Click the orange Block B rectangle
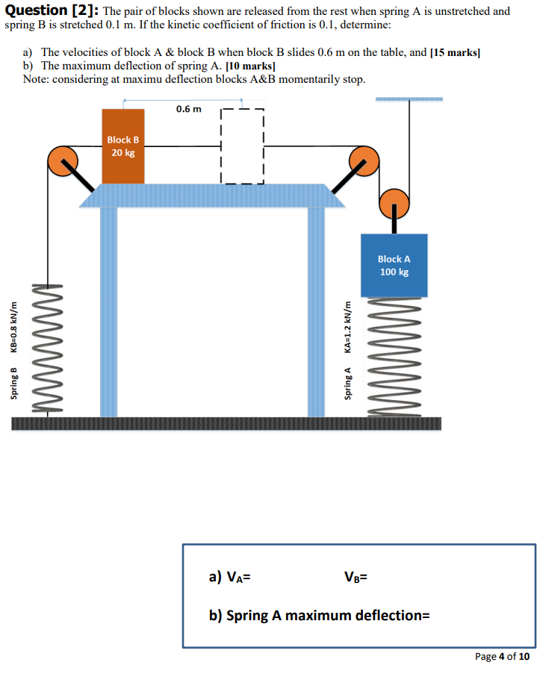coord(123,146)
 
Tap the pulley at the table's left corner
coord(63,160)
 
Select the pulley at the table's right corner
coord(365,160)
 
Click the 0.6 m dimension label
coord(188,110)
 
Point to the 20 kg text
coord(123,153)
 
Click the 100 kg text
coord(394,272)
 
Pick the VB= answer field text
coord(356,576)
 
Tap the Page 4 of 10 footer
coord(503,656)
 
